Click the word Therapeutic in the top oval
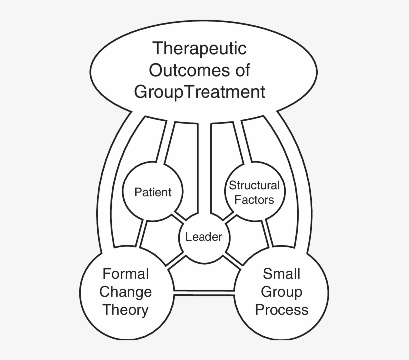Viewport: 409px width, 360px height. [x=200, y=49]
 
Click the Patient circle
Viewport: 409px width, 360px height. [x=153, y=192]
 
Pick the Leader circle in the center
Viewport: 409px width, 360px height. [x=204, y=237]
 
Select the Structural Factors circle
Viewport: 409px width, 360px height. [x=254, y=192]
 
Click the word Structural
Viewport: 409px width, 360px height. [x=254, y=185]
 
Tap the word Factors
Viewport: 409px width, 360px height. [x=254, y=200]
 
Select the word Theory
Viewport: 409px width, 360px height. [x=126, y=310]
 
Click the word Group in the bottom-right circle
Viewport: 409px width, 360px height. [x=281, y=291]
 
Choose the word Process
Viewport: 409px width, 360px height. [x=281, y=310]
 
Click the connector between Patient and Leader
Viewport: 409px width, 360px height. [x=178, y=218]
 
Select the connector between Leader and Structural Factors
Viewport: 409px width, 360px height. [x=229, y=218]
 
